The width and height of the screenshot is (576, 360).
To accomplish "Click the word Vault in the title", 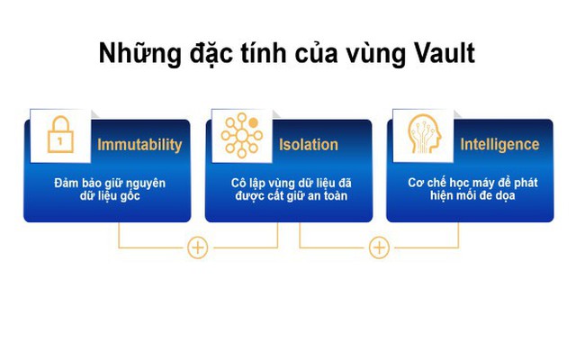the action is click(445, 54).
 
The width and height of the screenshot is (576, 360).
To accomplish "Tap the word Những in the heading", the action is click(140, 54).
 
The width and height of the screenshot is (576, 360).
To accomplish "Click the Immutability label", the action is click(139, 145).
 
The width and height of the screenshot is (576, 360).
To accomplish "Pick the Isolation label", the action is click(309, 145).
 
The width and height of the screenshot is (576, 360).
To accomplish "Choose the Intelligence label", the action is click(499, 144).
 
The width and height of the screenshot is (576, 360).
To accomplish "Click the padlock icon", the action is click(60, 134).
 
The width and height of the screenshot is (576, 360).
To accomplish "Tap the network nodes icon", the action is click(242, 136).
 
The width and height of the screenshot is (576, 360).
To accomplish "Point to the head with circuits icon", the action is click(424, 134).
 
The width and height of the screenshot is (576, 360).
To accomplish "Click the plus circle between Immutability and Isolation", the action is click(198, 247).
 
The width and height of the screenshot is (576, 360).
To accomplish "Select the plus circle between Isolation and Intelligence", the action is click(379, 247).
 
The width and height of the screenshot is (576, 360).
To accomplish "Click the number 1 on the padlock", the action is click(60, 141).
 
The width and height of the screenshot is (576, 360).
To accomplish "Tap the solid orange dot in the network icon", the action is click(253, 122).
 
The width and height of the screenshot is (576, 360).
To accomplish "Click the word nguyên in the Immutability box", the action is click(147, 184).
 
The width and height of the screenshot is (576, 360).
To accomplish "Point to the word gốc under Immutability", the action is click(130, 196).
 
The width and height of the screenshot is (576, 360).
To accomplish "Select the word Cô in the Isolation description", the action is click(238, 183).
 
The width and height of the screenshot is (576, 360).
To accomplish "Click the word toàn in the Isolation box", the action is click(335, 195).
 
